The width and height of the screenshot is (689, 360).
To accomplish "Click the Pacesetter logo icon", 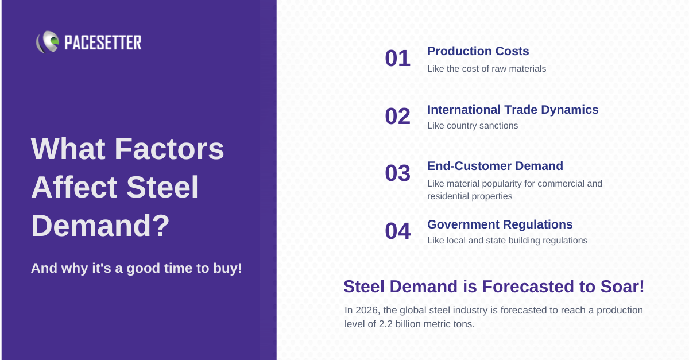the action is point(48,42).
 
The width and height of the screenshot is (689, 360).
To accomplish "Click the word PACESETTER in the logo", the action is point(103,42).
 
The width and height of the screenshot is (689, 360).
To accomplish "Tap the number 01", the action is point(398,58).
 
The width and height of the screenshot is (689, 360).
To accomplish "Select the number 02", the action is point(398,117).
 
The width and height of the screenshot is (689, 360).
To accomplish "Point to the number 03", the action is point(398,173).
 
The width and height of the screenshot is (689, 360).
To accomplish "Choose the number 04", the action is point(398,231).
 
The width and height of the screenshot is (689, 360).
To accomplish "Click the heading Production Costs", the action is point(478,51).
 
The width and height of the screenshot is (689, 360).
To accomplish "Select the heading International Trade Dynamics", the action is point(513,110).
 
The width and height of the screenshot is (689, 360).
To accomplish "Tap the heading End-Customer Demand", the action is point(495,166).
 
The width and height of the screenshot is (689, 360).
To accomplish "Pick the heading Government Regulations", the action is point(500,224).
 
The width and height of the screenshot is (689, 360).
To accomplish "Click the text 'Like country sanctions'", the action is point(473,126).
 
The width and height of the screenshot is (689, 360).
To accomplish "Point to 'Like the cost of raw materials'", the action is point(487,69).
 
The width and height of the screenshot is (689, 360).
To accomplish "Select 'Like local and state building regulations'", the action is point(507,241).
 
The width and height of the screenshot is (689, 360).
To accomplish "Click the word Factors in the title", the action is point(169,149).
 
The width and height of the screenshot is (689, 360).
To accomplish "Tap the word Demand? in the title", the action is point(100,226).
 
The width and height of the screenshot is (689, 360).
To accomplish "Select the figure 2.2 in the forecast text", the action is point(385,324).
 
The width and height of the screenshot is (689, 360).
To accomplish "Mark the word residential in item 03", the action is point(448,196).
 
